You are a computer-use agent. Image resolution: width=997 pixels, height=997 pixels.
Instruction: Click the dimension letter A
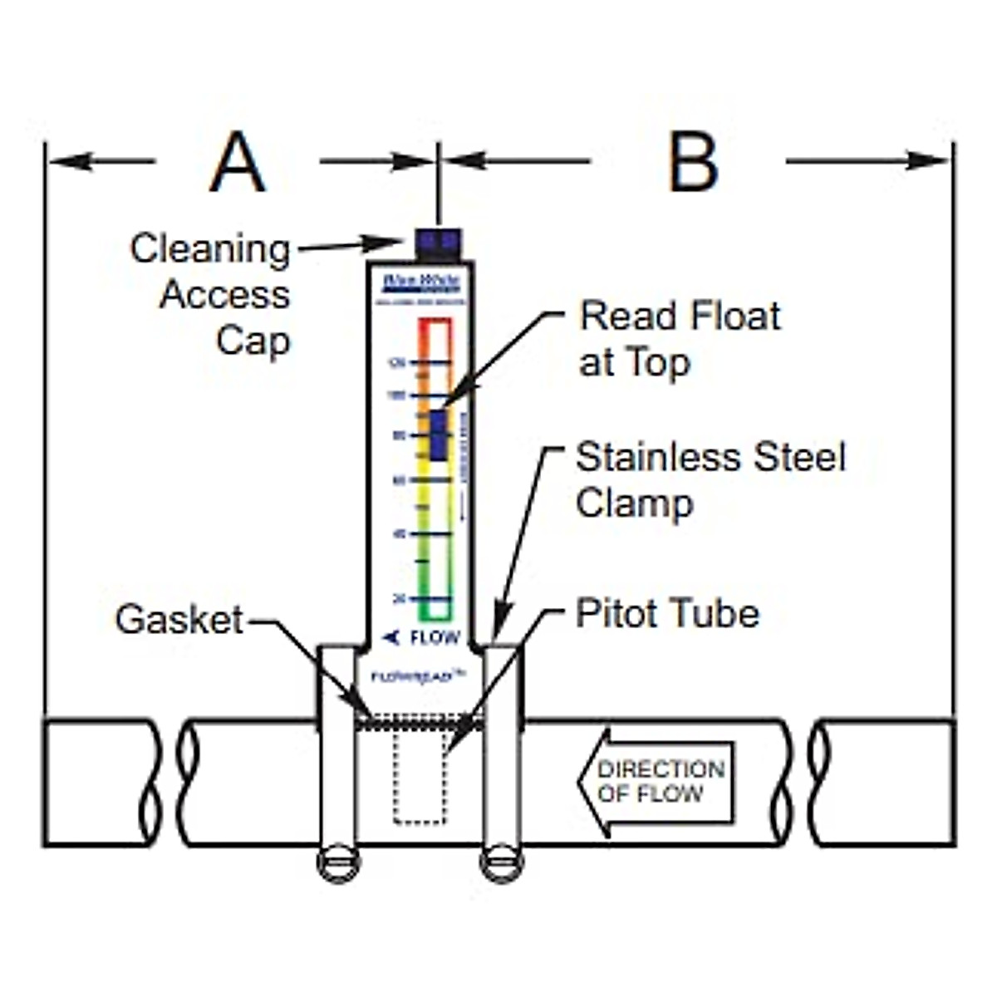(238, 163)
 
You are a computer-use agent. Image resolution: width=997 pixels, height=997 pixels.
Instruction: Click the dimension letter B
(692, 163)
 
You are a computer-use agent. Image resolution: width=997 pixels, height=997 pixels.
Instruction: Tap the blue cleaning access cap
(438, 242)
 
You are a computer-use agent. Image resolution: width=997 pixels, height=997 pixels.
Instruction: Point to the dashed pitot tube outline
(420, 777)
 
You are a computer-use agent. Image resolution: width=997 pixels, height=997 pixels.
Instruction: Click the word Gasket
(179, 620)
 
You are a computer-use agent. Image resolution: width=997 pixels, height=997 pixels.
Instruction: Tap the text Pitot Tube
(667, 614)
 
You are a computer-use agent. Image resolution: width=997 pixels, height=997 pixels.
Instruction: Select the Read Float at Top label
(679, 338)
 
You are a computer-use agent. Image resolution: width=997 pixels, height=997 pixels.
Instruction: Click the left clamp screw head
(338, 864)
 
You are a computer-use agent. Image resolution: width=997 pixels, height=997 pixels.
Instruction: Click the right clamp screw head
(502, 864)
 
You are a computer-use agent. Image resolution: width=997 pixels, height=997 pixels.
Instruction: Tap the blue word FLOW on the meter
(434, 638)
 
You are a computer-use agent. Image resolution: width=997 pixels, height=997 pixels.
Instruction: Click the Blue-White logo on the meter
(420, 282)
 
